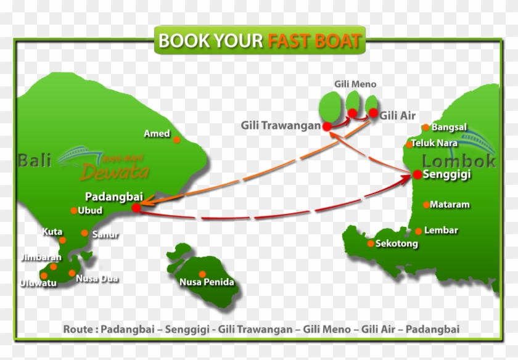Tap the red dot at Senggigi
point(417,175)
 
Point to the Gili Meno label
point(355,84)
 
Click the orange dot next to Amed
point(177,140)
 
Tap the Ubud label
point(90,211)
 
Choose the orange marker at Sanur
point(84,233)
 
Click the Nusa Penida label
point(207,282)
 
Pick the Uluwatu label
point(38,283)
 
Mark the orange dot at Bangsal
point(425,128)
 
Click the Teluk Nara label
point(435,143)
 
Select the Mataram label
point(450,205)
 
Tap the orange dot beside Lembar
point(419,231)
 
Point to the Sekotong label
point(397,243)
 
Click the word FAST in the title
point(289,41)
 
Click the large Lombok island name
point(459,160)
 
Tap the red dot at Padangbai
point(136,208)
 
